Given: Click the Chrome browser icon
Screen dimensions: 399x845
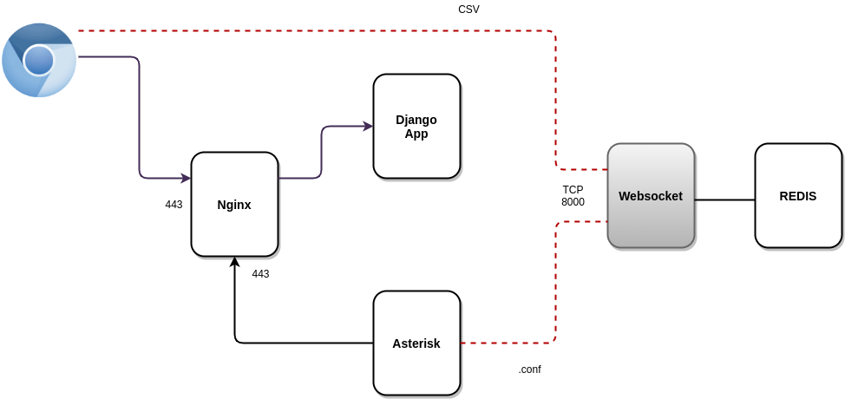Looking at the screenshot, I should [39, 60].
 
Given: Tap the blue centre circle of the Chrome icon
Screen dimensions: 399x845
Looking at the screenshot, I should [39, 60].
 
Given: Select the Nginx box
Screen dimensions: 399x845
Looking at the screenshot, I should [234, 205].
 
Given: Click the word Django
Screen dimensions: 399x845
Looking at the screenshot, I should [416, 120].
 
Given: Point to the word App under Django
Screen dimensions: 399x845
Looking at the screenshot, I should [416, 134].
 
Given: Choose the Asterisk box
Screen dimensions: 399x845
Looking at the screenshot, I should [416, 343].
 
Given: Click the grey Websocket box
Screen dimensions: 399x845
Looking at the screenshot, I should [651, 196].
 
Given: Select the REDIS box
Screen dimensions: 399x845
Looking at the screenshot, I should [798, 196].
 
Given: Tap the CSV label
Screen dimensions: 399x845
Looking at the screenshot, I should [468, 10].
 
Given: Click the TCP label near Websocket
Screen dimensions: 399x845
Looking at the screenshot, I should [573, 189].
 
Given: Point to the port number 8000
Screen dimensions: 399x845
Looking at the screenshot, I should [573, 202].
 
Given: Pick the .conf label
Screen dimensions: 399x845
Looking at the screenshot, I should [529, 370].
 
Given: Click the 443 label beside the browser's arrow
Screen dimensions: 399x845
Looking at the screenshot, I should [174, 205].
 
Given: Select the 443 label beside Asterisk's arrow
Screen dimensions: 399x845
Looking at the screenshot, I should [260, 274].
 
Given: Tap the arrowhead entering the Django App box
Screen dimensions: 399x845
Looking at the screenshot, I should [369, 127].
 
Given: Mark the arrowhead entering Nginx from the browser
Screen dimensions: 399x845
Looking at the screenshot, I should [187, 179].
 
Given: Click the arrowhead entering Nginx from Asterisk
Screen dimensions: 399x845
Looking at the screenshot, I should [234, 261].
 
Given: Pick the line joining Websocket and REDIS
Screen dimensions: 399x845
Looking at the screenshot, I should [724, 200].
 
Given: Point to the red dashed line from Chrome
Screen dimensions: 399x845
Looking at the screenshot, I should [312, 31].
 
